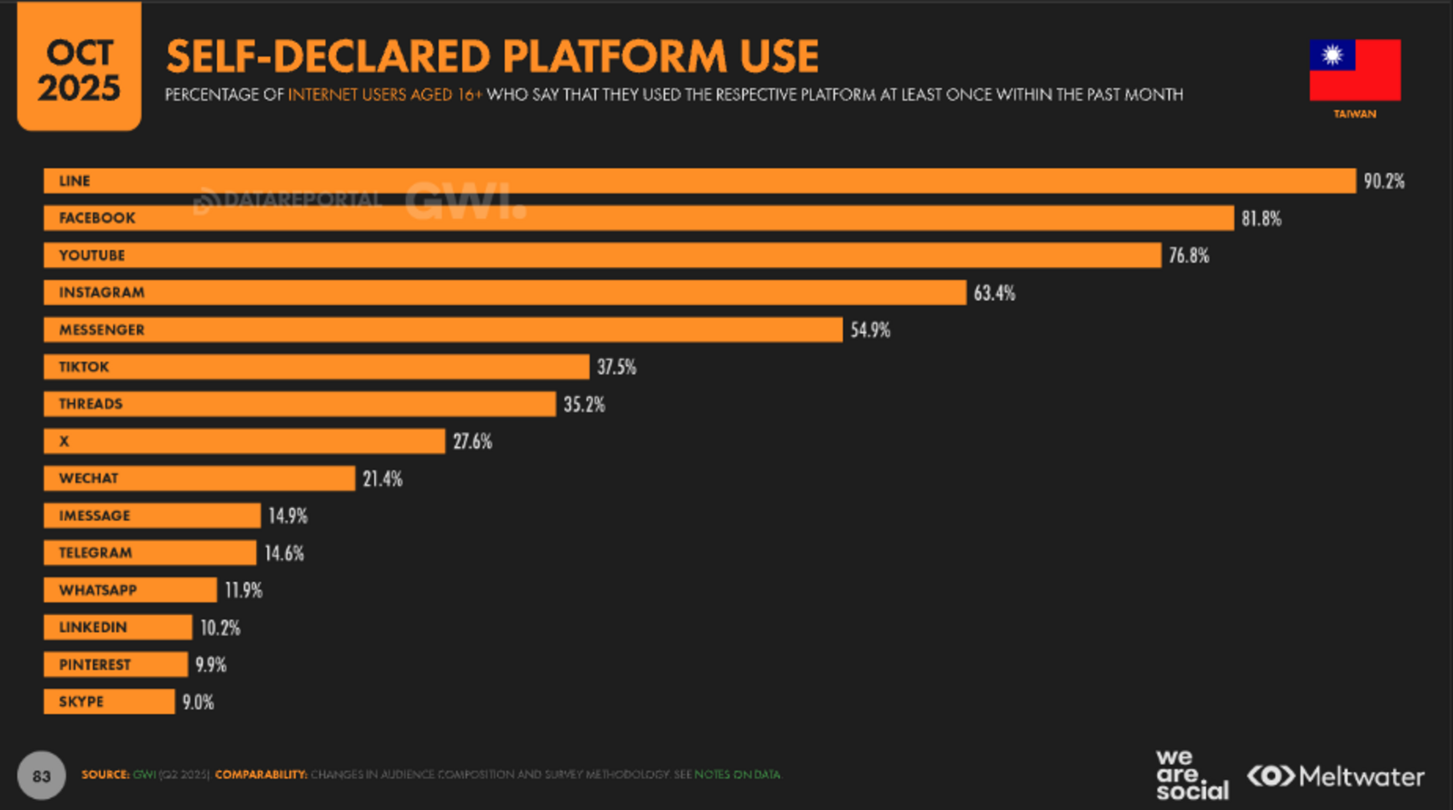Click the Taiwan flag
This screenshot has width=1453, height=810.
(x=1354, y=70)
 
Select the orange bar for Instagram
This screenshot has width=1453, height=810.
(x=505, y=292)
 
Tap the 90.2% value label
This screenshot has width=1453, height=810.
(x=1384, y=182)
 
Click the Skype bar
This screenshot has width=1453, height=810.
(x=109, y=702)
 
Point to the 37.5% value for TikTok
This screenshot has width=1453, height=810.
(x=617, y=367)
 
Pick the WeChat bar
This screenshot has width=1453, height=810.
(x=199, y=479)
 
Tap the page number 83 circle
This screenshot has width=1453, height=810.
(x=41, y=775)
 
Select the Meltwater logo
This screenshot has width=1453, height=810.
(x=1336, y=776)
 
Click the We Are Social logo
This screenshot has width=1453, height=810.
(x=1191, y=775)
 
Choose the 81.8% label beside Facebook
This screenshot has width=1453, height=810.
(x=1261, y=219)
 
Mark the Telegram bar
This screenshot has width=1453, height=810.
(x=150, y=553)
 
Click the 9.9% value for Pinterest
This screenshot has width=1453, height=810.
(x=211, y=665)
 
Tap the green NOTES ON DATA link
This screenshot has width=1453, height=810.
(x=737, y=775)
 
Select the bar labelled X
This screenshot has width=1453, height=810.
(x=244, y=441)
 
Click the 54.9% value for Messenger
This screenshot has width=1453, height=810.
(x=870, y=330)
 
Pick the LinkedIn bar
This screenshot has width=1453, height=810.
(x=118, y=627)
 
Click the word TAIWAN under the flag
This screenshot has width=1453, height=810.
(x=1354, y=114)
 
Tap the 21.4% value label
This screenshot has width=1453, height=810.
(x=382, y=479)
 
